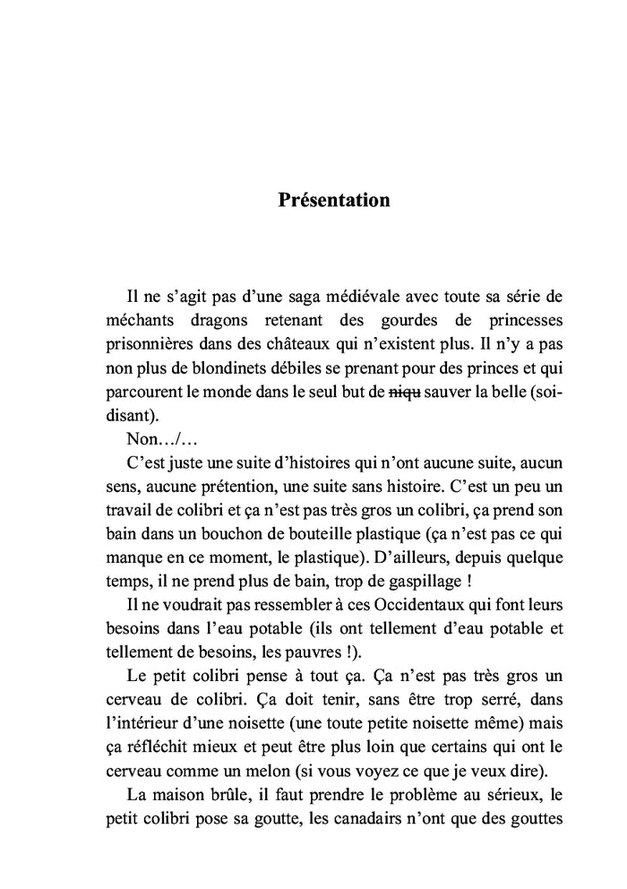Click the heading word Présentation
(333, 200)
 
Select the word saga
(285, 298)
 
